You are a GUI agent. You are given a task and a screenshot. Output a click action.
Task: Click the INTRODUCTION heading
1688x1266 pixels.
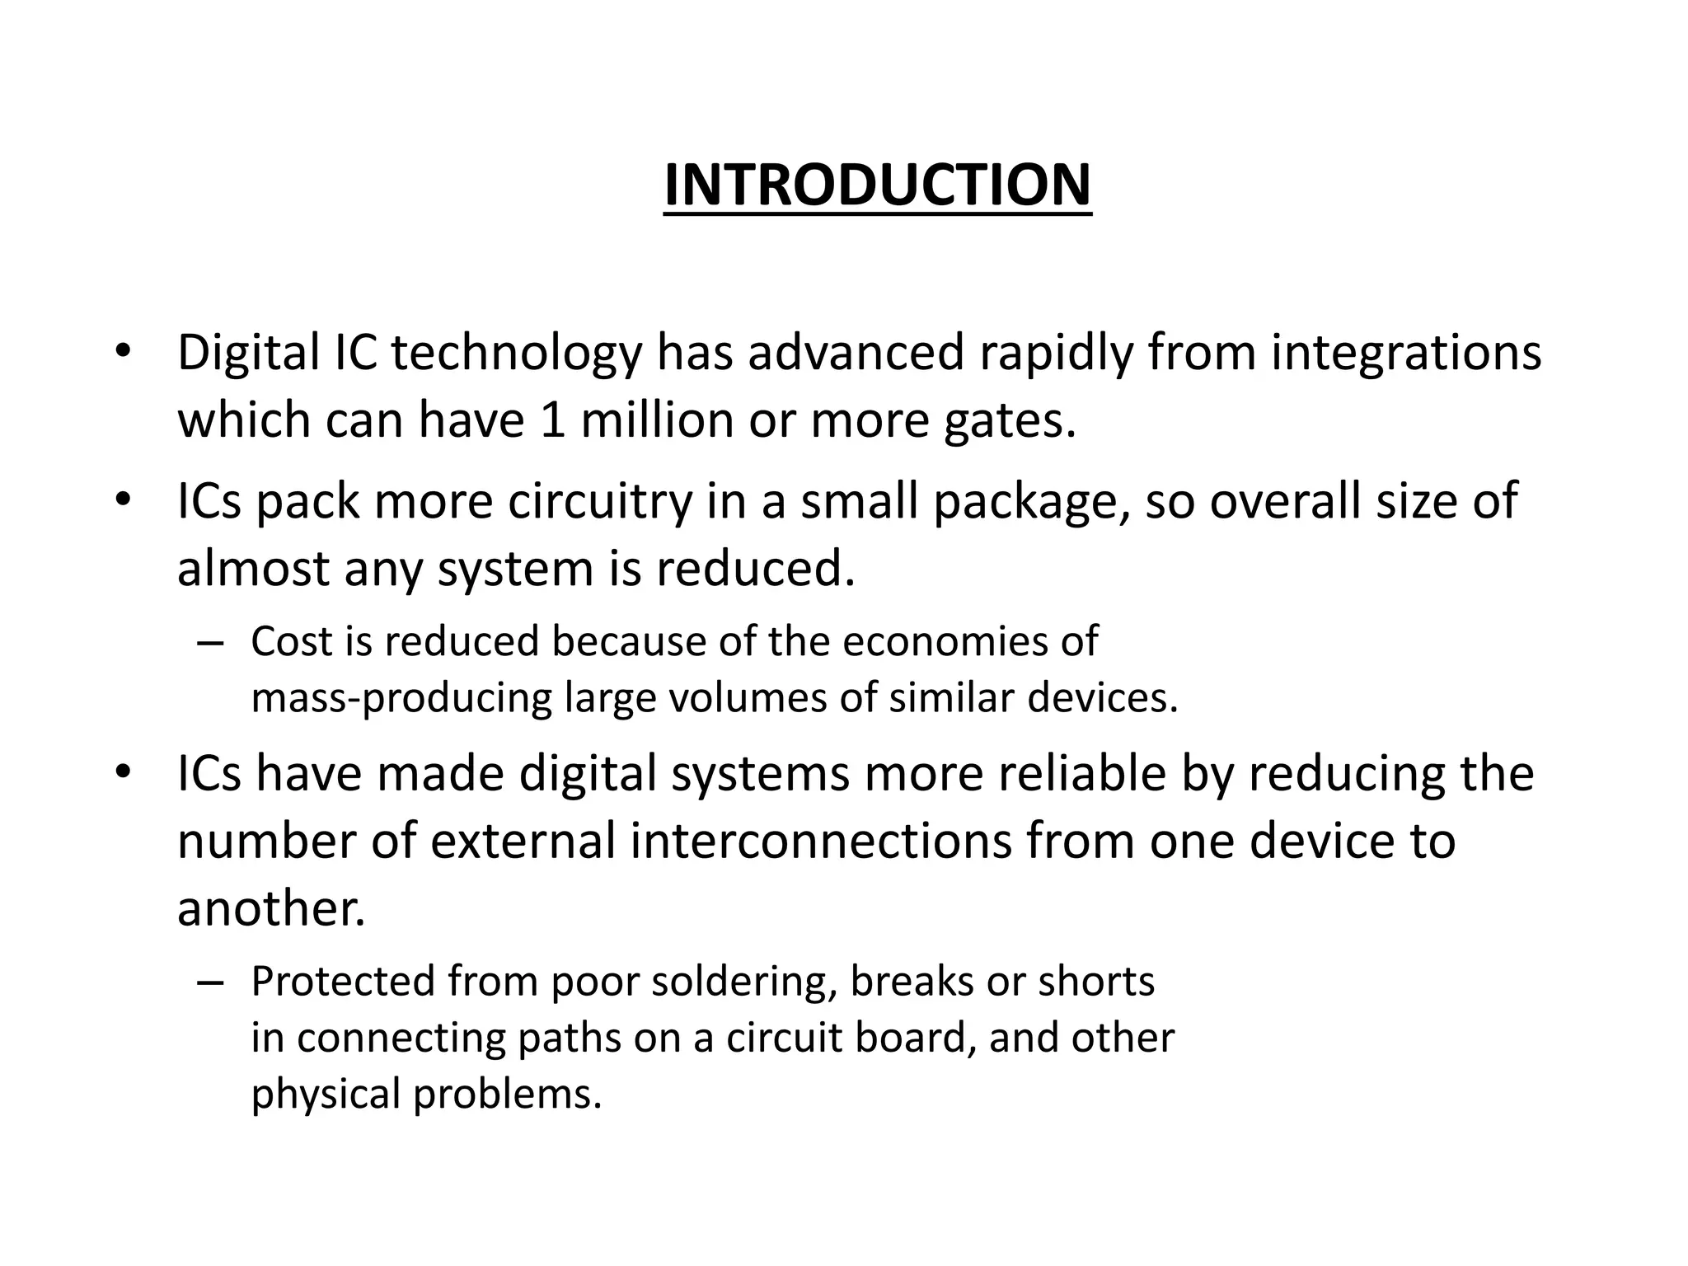(x=877, y=185)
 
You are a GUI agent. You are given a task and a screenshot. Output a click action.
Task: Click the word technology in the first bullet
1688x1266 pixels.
(x=516, y=353)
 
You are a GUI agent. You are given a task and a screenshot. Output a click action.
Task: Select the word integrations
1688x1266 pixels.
(x=1406, y=353)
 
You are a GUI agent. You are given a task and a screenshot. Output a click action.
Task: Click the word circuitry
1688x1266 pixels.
(x=600, y=501)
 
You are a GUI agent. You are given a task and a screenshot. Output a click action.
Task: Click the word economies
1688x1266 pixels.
(x=935, y=641)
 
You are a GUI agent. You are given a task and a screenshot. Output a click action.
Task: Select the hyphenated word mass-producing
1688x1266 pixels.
(x=401, y=698)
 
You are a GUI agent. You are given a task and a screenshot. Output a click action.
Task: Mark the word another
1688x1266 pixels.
(x=271, y=909)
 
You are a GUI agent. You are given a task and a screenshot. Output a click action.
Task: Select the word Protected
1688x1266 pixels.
(x=342, y=982)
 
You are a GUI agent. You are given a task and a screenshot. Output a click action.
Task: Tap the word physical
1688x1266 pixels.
(x=325, y=1094)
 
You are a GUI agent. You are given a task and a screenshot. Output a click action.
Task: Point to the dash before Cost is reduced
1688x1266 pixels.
(x=211, y=643)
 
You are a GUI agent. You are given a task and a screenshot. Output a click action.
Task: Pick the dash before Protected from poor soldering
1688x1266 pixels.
(x=211, y=982)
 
